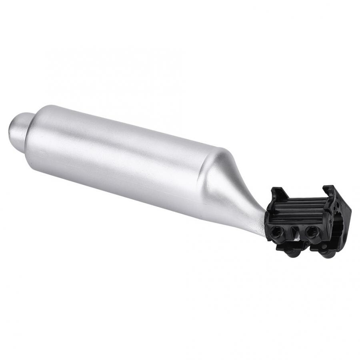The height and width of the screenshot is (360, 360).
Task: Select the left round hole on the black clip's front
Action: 277,231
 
